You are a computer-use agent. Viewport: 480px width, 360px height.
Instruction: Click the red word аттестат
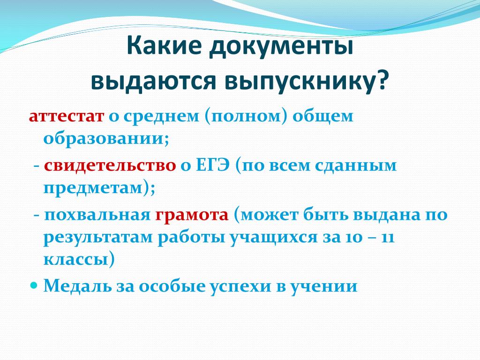(67, 117)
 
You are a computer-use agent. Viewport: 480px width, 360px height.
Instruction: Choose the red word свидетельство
(110, 165)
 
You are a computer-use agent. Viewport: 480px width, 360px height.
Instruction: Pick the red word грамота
(192, 215)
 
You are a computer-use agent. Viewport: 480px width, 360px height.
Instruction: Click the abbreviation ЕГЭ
(212, 165)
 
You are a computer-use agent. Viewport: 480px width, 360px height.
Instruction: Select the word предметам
(93, 189)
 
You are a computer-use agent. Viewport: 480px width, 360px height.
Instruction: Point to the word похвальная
(97, 215)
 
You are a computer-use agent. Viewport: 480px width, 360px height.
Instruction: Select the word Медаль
(78, 286)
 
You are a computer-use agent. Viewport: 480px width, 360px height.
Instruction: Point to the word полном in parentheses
(246, 117)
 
